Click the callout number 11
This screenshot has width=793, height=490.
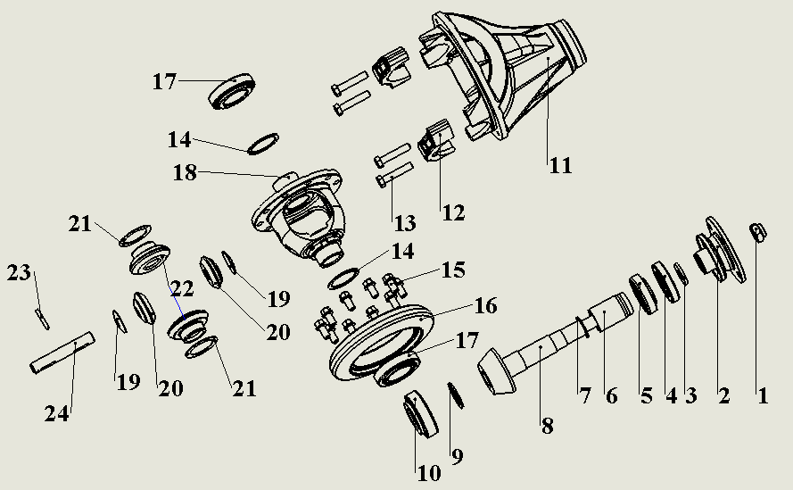point(560,165)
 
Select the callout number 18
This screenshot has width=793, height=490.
point(185,173)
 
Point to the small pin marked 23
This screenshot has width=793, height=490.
point(41,312)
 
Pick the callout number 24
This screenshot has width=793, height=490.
point(58,412)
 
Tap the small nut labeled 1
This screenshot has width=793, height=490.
point(757,233)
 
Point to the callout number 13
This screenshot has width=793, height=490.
point(393,217)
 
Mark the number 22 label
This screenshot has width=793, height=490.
point(182,288)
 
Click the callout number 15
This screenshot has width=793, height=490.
point(453,269)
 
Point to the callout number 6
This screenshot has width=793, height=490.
point(612,394)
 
